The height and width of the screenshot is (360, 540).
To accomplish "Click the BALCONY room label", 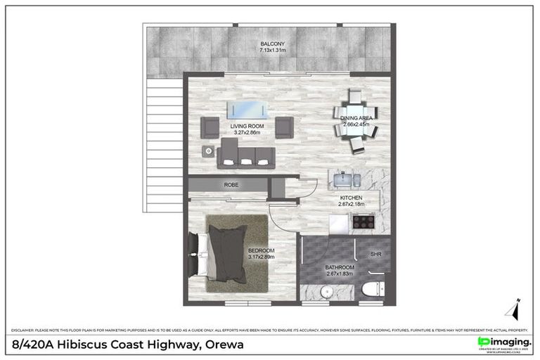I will point(271,44).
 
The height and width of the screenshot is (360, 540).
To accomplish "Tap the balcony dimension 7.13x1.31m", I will point(271,51).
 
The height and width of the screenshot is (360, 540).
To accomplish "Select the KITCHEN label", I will point(352,198).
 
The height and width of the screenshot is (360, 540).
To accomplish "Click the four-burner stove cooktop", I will point(364,221).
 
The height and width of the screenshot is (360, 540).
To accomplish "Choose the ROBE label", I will point(231,185).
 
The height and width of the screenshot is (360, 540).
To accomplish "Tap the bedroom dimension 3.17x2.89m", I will point(261,257).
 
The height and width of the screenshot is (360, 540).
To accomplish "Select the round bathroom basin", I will point(328,292).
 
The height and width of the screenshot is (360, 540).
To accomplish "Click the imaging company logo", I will point(503,342).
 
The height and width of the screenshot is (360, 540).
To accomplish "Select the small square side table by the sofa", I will point(210,150).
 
